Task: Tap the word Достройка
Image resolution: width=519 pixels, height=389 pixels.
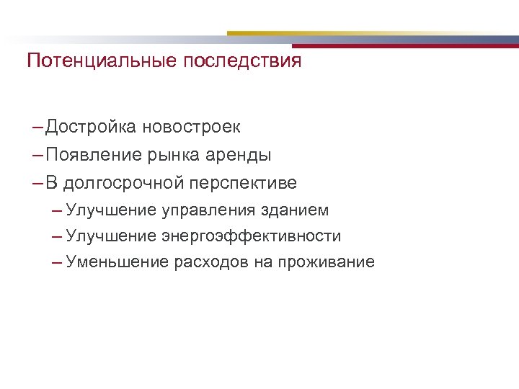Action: click(x=89, y=128)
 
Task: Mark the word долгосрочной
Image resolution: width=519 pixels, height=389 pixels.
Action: click(x=124, y=183)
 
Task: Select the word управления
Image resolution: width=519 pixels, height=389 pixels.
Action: click(x=208, y=210)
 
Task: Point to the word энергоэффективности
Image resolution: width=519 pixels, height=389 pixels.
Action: click(x=251, y=236)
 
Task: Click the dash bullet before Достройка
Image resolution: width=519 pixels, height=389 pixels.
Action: click(x=37, y=128)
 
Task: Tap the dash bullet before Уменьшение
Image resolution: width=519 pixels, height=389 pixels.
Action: click(x=57, y=262)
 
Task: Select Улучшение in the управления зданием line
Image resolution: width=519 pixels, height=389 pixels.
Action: click(x=110, y=210)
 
